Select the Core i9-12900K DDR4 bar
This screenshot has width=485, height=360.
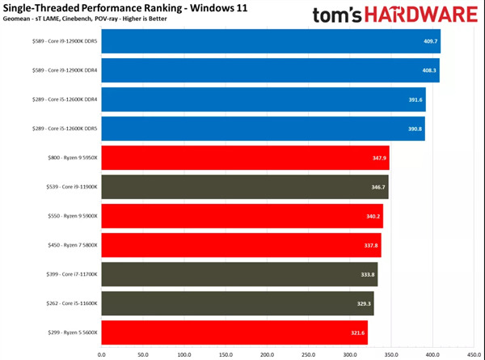[270, 70]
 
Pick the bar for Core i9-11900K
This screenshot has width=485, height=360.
[245, 186]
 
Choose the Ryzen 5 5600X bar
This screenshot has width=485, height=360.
[234, 332]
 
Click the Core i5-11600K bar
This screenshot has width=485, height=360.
[238, 303]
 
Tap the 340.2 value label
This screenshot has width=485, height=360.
[373, 216]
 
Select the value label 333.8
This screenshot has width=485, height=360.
[369, 273]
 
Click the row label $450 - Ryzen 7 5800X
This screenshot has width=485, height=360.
[71, 245]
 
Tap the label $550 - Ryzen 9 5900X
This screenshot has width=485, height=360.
[71, 216]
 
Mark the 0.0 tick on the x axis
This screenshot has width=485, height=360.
[102, 353]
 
